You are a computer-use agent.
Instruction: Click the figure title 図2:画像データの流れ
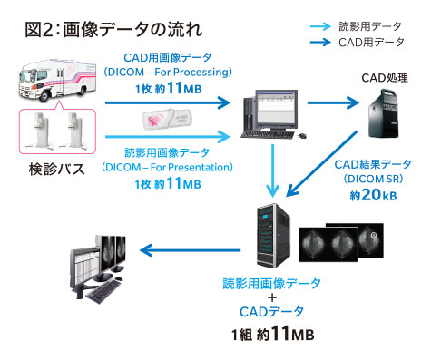[113, 30]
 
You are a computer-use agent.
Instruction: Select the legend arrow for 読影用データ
[320, 26]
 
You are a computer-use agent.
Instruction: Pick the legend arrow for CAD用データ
[320, 42]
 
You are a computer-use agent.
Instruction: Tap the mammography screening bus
[57, 80]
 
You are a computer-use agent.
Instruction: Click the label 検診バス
[56, 169]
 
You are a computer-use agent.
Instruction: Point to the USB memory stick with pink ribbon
[167, 120]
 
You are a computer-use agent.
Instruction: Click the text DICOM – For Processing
[168, 73]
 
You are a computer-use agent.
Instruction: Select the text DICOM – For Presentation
[167, 167]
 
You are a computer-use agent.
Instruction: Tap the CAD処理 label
[385, 78]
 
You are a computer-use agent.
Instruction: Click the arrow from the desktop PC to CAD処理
[333, 102]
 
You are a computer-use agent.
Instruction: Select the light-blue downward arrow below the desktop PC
[273, 170]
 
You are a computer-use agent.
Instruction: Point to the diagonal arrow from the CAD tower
[322, 163]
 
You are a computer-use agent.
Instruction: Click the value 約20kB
[373, 195]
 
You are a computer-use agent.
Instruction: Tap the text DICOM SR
[373, 179]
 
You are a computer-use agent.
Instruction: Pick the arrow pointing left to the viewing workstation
[190, 250]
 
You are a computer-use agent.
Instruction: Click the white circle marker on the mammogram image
[374, 235]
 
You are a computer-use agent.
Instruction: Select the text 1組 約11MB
[273, 334]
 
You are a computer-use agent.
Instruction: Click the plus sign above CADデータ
[272, 297]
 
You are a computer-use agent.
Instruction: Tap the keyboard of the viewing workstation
[103, 291]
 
